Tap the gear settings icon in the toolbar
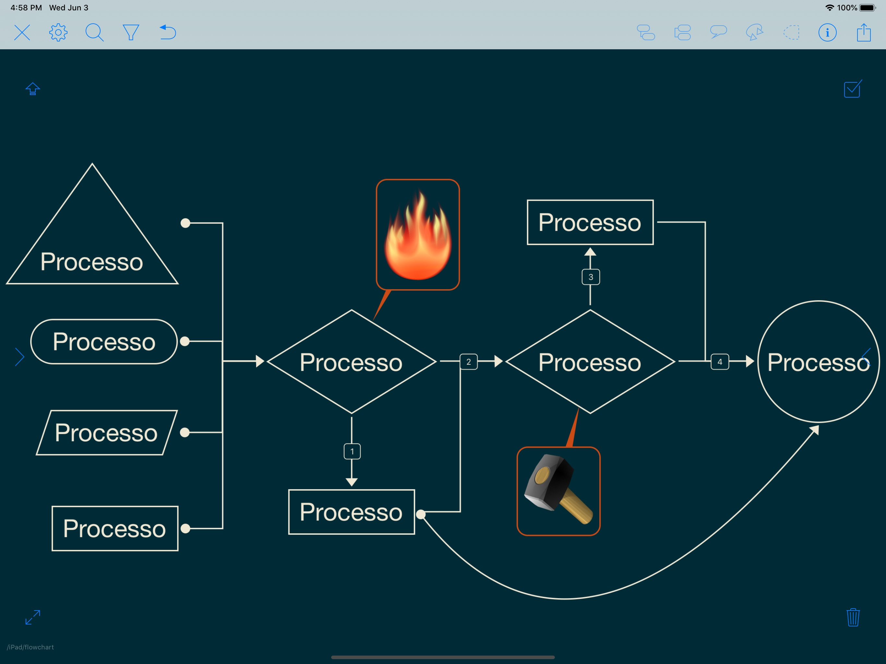pos(58,32)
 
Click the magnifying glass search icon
pos(94,32)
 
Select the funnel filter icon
pos(131,32)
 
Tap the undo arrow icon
pos(168,32)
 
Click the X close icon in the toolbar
pos(22,32)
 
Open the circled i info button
pos(827,32)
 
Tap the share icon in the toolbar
pos(864,32)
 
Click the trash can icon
pos(853,617)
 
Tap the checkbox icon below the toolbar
pos(852,89)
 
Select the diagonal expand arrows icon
pos(33,617)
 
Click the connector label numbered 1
pos(352,451)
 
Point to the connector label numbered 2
pos(468,362)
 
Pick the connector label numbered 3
pos(591,277)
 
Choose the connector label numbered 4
pos(719,362)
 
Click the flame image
pos(418,235)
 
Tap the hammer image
pos(558,491)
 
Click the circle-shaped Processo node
pos(818,362)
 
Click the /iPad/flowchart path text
pos(30,647)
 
